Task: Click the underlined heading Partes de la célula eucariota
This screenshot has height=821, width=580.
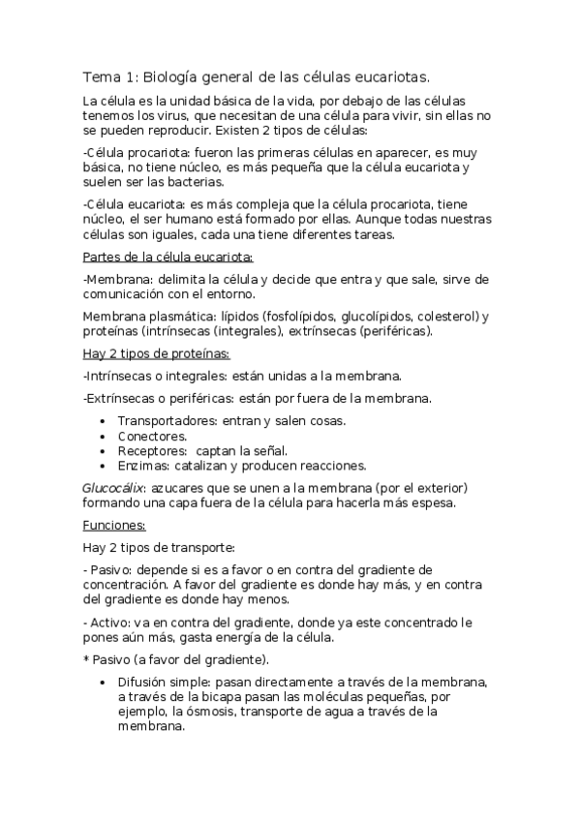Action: click(168, 257)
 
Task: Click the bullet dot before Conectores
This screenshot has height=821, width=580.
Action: click(105, 436)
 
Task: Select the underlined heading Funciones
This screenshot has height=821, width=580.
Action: click(113, 525)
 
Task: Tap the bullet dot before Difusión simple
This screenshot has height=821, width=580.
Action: click(105, 683)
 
